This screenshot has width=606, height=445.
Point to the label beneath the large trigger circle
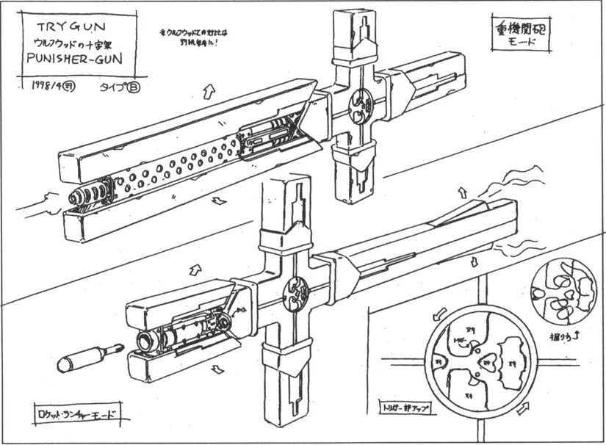click(x=405, y=404)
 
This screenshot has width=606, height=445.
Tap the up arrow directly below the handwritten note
click(x=206, y=93)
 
